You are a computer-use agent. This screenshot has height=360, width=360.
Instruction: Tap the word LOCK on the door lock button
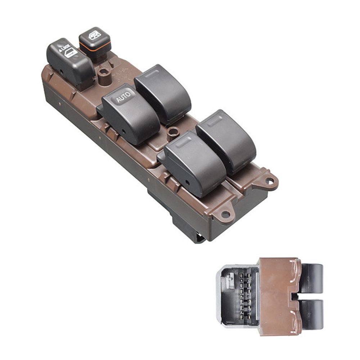point(65,48)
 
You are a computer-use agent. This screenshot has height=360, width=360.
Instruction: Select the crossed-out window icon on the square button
point(95,35)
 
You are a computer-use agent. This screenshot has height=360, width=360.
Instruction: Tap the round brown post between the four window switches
point(173,133)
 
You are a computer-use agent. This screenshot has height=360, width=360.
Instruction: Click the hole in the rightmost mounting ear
point(271,181)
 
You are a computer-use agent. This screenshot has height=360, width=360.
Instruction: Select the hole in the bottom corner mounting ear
point(225,215)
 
